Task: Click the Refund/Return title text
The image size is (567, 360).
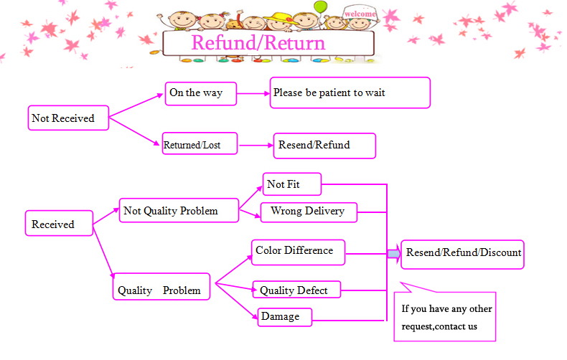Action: point(258,43)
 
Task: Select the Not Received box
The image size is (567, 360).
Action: point(68,118)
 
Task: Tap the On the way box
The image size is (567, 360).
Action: point(200,93)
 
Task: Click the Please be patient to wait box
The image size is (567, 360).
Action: point(350,93)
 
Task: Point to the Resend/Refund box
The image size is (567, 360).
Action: point(324,145)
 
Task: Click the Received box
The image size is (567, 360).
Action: point(60,224)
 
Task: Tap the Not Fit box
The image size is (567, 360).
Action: point(291,184)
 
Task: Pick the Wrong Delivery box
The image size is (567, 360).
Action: point(308,211)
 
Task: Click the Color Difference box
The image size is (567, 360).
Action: point(298,251)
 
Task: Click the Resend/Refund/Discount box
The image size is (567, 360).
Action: point(462,253)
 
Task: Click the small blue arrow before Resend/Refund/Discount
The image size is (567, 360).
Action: point(393,253)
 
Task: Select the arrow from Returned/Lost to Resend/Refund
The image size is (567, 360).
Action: point(256,146)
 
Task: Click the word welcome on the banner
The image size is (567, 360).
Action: point(360,14)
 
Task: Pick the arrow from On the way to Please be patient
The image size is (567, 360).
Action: point(253,93)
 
